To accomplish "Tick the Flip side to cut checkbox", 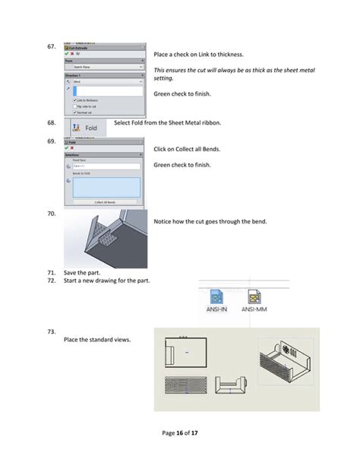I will point(74,106).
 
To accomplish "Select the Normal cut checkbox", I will point(74,113).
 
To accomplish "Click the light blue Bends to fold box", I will point(107,187).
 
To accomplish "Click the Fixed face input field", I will point(107,166).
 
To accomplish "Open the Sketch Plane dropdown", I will point(107,67).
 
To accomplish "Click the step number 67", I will point(52,47).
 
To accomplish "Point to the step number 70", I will point(52,214).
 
